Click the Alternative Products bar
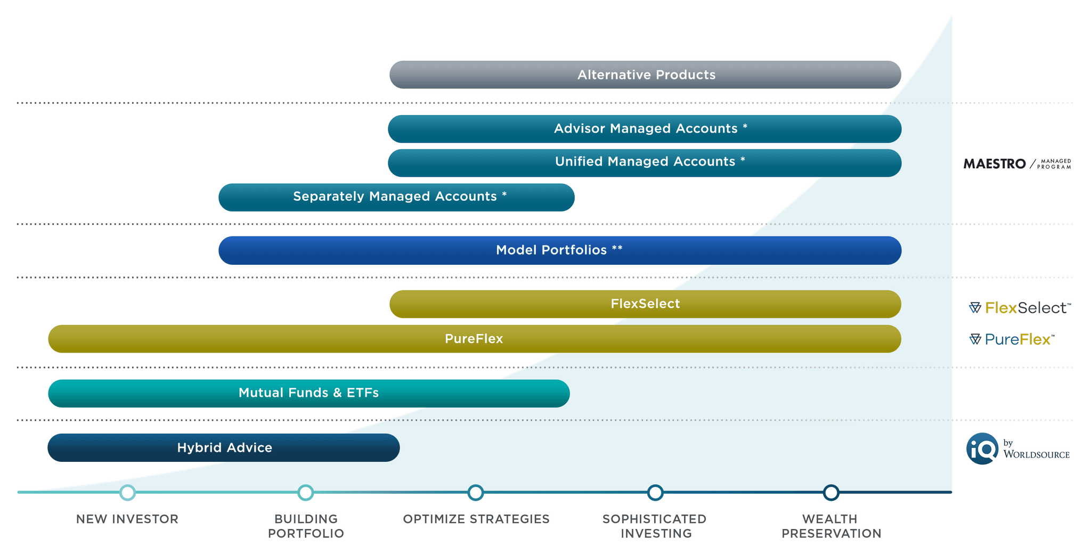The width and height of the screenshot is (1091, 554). (x=645, y=75)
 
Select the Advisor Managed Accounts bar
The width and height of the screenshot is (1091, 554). (x=645, y=129)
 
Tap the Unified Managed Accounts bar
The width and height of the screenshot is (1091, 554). (x=645, y=162)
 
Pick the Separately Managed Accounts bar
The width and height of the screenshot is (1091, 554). (x=396, y=197)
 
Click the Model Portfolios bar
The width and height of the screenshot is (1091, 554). (x=559, y=250)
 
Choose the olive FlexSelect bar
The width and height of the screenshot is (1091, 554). (x=645, y=304)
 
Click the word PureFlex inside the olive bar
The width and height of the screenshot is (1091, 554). (x=474, y=339)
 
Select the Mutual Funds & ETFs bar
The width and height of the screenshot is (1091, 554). (x=309, y=393)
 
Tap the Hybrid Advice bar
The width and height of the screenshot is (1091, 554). (x=224, y=447)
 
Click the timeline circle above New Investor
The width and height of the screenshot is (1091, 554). (x=127, y=492)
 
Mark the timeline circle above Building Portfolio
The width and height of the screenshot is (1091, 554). (x=305, y=492)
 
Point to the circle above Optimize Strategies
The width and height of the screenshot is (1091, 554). (x=476, y=492)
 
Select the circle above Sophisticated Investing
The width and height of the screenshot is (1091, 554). (x=655, y=492)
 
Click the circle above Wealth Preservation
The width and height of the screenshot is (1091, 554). (x=831, y=492)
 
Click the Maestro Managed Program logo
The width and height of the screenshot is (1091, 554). (x=1016, y=164)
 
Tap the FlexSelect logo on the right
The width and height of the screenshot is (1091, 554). (x=1019, y=308)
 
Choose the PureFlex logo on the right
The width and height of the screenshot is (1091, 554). (x=1011, y=339)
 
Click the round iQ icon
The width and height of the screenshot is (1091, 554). (x=982, y=449)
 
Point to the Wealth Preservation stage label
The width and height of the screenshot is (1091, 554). (x=831, y=526)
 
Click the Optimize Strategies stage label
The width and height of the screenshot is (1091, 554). (x=476, y=519)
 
